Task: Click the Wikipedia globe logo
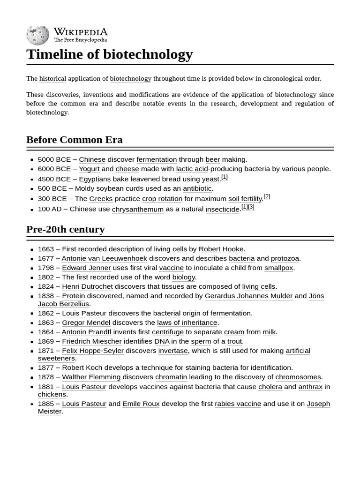tap(37, 35)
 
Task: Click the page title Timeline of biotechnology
tap(109, 54)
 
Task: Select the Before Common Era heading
tap(74, 140)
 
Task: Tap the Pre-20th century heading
tap(65, 230)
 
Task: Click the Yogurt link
tap(89, 169)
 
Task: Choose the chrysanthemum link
tap(138, 209)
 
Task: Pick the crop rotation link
tap(162, 199)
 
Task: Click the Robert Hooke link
tap(221, 249)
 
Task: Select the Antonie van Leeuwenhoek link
tap(104, 258)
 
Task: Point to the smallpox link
tap(278, 268)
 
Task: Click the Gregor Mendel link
tap(86, 322)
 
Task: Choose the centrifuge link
tap(167, 332)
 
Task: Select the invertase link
tap(173, 351)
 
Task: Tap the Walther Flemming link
tap(91, 377)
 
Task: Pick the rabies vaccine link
tap(238, 404)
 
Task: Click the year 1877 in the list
tap(46, 367)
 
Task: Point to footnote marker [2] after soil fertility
tap(267, 197)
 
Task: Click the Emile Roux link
tap(141, 404)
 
